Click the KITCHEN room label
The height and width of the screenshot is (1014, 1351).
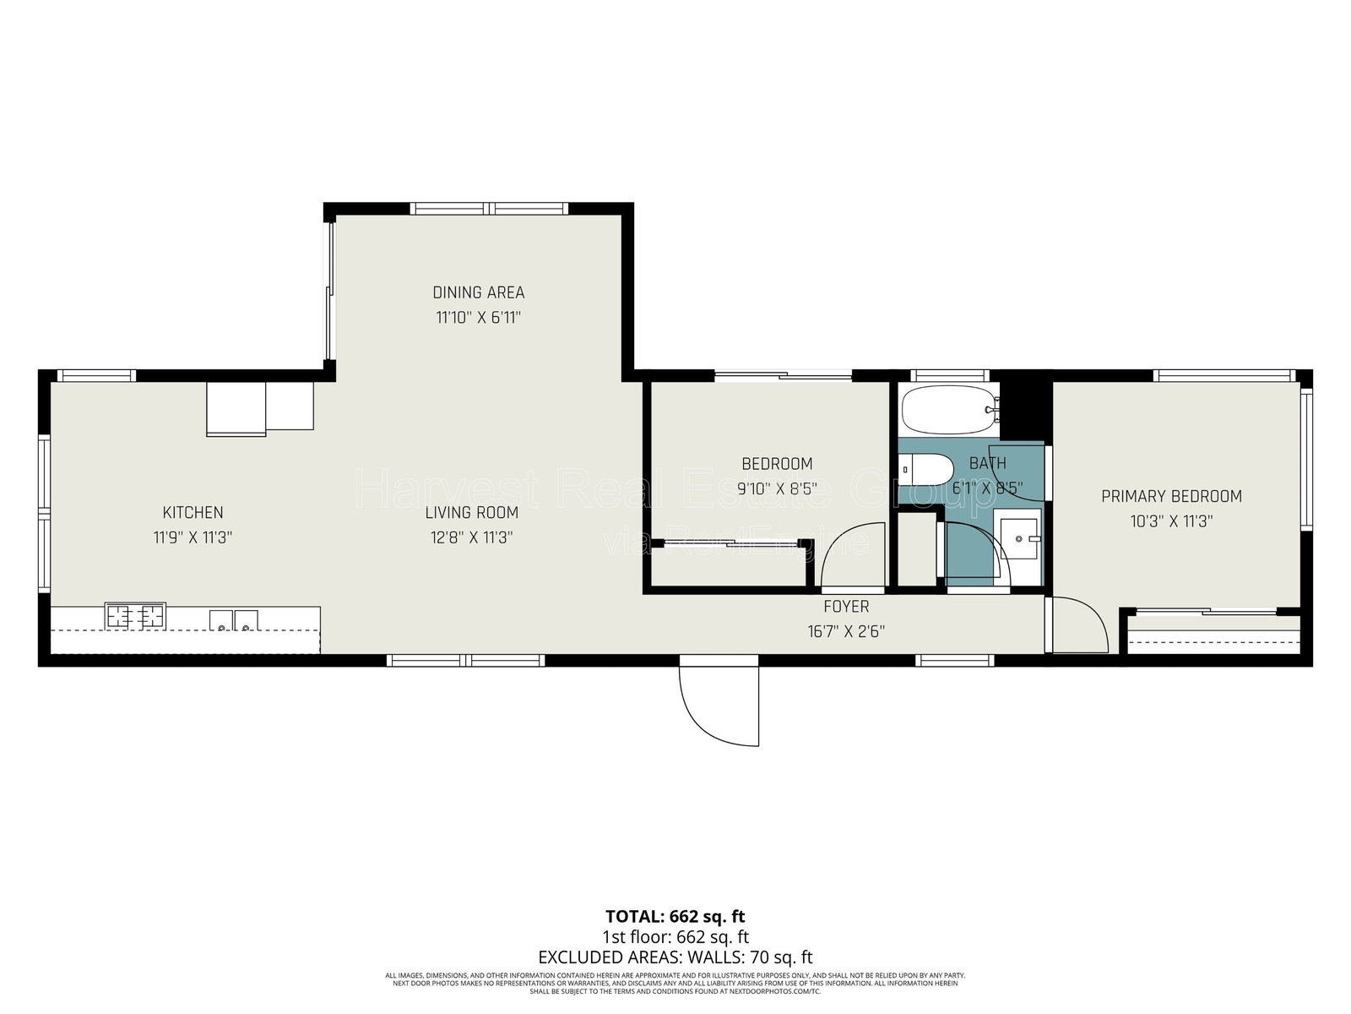[x=193, y=512]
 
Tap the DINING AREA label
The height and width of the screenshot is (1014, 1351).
[x=478, y=292]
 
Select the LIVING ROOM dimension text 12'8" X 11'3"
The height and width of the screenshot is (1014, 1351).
[x=471, y=537]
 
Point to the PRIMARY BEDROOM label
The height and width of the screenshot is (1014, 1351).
[x=1171, y=496]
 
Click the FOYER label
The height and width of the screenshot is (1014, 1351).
[x=846, y=607]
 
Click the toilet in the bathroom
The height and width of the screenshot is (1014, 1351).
[x=925, y=469]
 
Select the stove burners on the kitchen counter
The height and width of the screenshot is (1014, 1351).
[x=135, y=616]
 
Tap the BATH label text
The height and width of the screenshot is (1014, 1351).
[x=987, y=463]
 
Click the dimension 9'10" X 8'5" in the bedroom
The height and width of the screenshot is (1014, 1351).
[x=776, y=488]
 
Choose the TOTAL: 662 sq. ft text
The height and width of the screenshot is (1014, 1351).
[x=675, y=916]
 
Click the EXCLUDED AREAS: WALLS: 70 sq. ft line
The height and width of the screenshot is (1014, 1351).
[x=675, y=957]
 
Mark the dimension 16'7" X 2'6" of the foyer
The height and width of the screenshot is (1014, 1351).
[x=846, y=630]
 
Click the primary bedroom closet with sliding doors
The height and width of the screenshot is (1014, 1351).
[x=1213, y=633]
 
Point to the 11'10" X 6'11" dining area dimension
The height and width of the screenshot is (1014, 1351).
[x=478, y=318]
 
